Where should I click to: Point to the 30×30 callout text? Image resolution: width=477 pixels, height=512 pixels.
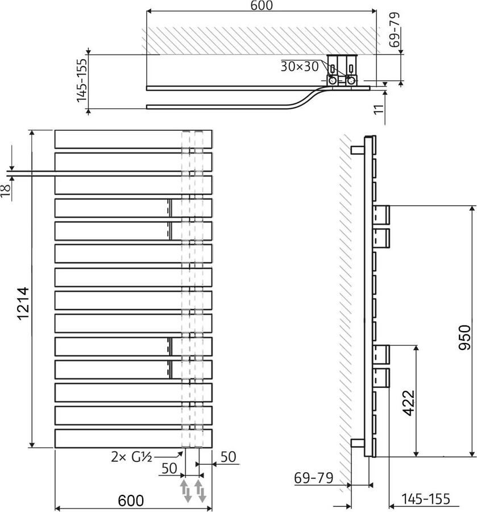pos(300,66)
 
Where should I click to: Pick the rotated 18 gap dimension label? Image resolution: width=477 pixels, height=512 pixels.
pos(6,191)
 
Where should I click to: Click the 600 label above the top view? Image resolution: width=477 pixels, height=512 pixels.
pos(262,6)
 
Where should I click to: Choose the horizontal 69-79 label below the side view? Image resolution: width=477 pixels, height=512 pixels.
pos(314,478)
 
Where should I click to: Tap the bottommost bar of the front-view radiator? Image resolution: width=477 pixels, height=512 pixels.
pos(133,438)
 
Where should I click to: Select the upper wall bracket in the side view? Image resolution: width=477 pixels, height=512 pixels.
pos(356,150)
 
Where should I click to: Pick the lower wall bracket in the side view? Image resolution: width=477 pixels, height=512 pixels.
pos(356,443)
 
